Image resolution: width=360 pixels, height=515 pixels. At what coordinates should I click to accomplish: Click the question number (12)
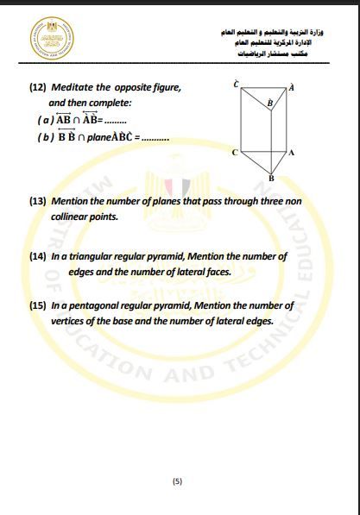pyautogui.click(x=38, y=88)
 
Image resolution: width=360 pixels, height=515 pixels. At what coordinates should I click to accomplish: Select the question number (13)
pyautogui.click(x=38, y=201)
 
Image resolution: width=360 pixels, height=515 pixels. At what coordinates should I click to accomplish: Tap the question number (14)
pyautogui.click(x=38, y=257)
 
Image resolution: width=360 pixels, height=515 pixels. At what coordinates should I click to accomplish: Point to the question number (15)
pyautogui.click(x=38, y=306)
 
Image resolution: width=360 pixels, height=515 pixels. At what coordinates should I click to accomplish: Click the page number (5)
pyautogui.click(x=178, y=481)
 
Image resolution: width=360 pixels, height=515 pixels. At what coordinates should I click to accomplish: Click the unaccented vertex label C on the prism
pyautogui.click(x=234, y=153)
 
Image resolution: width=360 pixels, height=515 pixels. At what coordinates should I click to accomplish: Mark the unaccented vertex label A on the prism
pyautogui.click(x=292, y=153)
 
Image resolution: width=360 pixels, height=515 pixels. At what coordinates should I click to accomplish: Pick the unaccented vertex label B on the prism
pyautogui.click(x=271, y=178)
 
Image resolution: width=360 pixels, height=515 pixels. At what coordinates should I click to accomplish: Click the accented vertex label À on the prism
pyautogui.click(x=292, y=87)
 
